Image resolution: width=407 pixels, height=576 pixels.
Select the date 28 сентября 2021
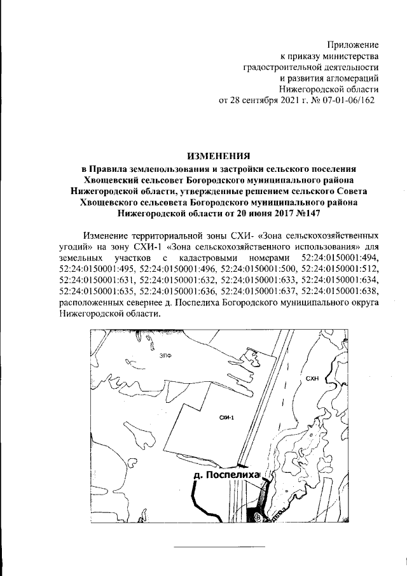(x=268, y=101)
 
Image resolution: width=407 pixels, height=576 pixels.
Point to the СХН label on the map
(x=312, y=378)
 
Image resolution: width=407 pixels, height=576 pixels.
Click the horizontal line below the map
(x=219, y=547)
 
